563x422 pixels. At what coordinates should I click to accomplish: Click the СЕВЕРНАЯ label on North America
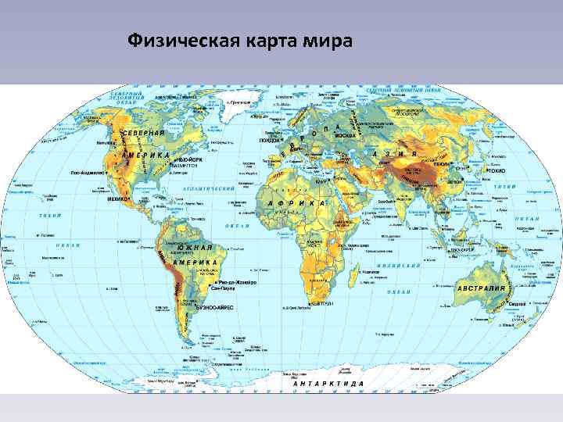143,134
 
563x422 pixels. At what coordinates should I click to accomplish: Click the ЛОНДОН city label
271,141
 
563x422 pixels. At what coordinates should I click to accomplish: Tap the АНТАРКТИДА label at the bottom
328,384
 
